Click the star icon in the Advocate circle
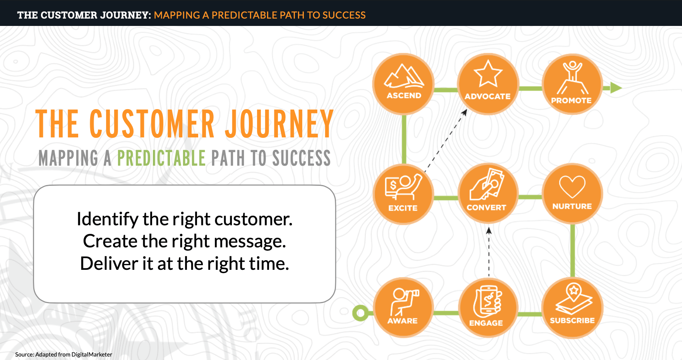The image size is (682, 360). [488, 74]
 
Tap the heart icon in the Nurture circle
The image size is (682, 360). [572, 187]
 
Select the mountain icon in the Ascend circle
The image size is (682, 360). [404, 76]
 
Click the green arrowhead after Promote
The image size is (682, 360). [616, 88]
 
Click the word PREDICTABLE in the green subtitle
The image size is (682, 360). [161, 158]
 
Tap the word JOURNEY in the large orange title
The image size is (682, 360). [279, 123]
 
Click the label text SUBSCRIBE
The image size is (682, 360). [572, 321]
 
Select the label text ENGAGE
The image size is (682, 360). [486, 323]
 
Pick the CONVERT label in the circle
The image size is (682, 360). [486, 207]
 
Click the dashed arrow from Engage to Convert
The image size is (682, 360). [489, 252]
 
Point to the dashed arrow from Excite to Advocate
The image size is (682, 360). [446, 140]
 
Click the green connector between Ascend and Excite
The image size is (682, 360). [404, 139]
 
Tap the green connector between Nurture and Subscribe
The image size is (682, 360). [572, 250]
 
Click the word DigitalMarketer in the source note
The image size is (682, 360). [92, 354]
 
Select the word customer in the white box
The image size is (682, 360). [254, 219]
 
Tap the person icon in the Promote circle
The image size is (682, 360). [572, 77]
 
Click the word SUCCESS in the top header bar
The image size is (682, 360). [344, 15]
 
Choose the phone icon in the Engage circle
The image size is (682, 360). [487, 301]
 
